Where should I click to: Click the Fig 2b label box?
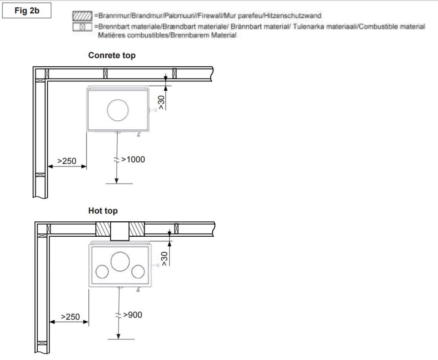point(27,11)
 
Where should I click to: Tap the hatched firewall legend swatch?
point(82,16)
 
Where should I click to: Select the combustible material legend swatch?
point(82,27)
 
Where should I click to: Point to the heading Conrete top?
point(112,55)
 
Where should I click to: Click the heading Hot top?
point(103,211)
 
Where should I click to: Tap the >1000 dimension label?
point(133,160)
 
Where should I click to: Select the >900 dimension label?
point(133,315)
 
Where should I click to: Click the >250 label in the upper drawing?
point(67,161)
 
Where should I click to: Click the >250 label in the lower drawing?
point(71,317)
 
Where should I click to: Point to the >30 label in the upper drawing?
point(161,103)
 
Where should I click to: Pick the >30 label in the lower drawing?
point(164,259)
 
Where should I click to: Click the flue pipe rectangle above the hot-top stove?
point(120,231)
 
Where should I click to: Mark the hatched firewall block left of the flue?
point(103,229)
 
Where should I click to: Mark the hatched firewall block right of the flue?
point(137,229)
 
